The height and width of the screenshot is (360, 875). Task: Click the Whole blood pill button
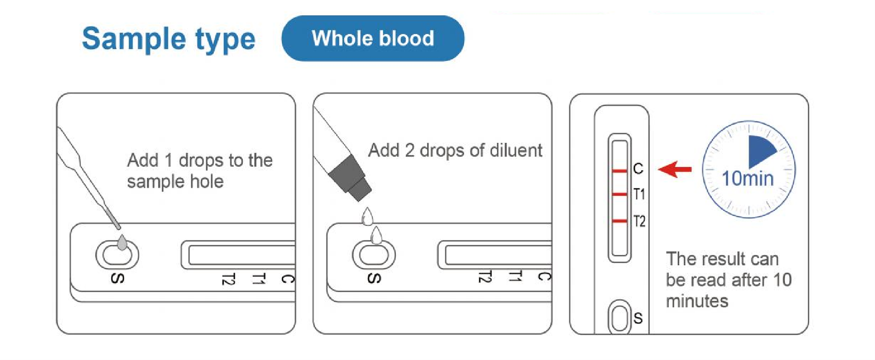(372, 38)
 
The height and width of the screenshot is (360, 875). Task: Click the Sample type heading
(168, 39)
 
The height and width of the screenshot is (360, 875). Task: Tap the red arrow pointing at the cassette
(675, 169)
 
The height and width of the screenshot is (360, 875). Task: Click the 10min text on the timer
(747, 178)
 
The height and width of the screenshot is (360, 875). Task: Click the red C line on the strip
(620, 171)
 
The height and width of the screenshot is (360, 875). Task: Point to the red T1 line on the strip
(620, 194)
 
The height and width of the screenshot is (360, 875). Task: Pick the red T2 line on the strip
(620, 221)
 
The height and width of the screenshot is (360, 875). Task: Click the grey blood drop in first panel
(122, 242)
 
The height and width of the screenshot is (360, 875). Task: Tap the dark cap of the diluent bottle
(349, 178)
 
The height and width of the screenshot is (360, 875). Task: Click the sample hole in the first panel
(117, 255)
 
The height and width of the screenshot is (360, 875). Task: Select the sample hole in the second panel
(374, 255)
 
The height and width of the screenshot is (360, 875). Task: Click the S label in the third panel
(638, 318)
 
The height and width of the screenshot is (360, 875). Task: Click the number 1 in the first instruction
(168, 160)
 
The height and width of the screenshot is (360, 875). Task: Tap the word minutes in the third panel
(697, 301)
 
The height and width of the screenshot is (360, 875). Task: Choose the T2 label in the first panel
(229, 279)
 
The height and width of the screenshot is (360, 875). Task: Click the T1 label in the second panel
(515, 276)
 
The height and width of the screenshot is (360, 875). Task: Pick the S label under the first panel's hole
(118, 278)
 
